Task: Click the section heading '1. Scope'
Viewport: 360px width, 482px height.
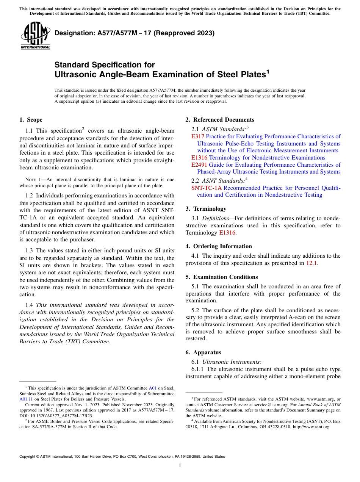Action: tap(31, 120)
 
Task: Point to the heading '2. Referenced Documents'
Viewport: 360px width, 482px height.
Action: tap(220, 120)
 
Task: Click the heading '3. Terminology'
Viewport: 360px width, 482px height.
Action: tap(206, 209)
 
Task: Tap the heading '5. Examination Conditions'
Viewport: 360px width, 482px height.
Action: tap(222, 277)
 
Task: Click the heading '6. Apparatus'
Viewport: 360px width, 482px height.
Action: tap(203, 352)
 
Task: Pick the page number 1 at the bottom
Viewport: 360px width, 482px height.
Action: tap(180, 466)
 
